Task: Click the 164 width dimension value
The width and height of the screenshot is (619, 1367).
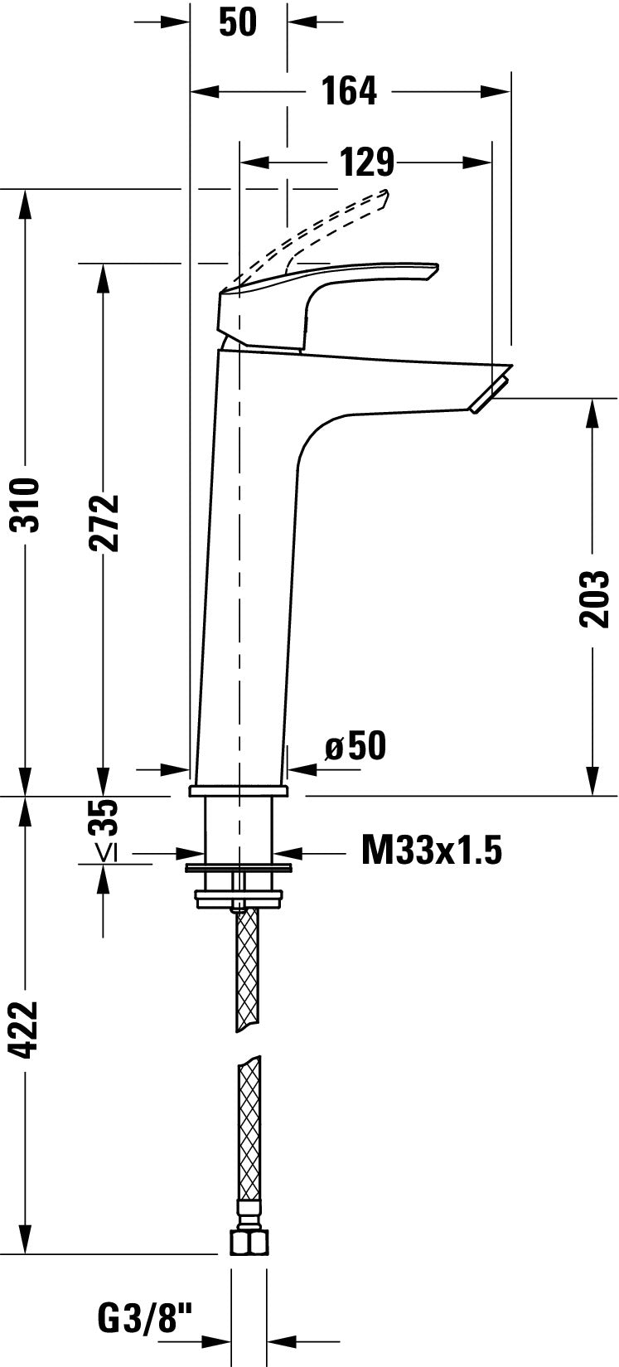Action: click(349, 90)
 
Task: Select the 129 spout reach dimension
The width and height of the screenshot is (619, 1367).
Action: click(367, 162)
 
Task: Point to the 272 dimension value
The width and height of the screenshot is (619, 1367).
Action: click(104, 522)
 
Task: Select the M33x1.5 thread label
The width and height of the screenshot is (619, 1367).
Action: click(431, 851)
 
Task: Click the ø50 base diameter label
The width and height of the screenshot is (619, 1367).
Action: click(355, 746)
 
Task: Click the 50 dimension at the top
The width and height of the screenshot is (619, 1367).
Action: click(238, 22)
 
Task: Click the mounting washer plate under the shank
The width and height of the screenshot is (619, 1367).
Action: click(239, 868)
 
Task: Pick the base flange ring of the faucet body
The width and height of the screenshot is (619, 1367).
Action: click(239, 790)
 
